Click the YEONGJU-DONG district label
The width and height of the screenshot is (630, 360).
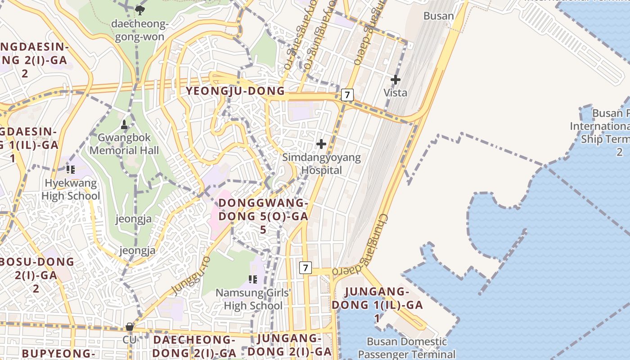[x=235, y=91]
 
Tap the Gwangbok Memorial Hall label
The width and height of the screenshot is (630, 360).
[x=124, y=144]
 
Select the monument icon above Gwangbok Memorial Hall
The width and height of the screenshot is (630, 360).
[x=125, y=125]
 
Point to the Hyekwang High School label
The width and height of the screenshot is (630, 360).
[x=71, y=189]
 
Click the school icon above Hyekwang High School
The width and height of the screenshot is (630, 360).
[x=70, y=170]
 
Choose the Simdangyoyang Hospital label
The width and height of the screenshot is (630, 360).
[x=321, y=164]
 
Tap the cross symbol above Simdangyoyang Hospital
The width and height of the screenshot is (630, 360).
[x=321, y=144]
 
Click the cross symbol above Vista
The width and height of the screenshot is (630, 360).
[x=395, y=80]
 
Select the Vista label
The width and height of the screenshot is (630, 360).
[x=395, y=93]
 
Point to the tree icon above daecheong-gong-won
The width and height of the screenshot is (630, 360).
[x=140, y=9]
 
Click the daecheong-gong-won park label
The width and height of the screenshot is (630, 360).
[x=140, y=30]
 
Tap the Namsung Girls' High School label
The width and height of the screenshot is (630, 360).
[x=253, y=299]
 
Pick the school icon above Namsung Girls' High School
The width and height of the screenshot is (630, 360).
[x=253, y=279]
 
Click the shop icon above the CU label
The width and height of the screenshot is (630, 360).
[x=130, y=327]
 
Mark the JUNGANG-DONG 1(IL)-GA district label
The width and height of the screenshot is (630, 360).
[x=377, y=305]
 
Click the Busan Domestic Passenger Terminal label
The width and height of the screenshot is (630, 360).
[x=407, y=348]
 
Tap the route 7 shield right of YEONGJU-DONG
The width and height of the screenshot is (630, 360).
[x=347, y=95]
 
